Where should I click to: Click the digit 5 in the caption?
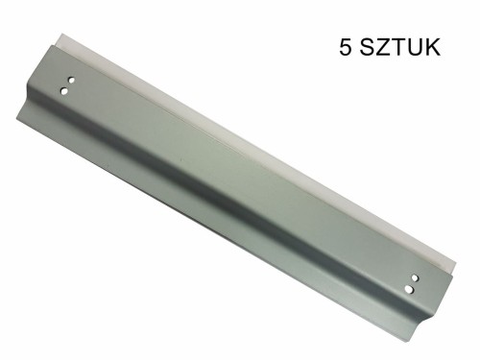346,47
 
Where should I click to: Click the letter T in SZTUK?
403,47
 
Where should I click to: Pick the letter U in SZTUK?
420,47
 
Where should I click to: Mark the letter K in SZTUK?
437,47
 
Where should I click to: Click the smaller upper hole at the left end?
69,82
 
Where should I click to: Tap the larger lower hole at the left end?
64,91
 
